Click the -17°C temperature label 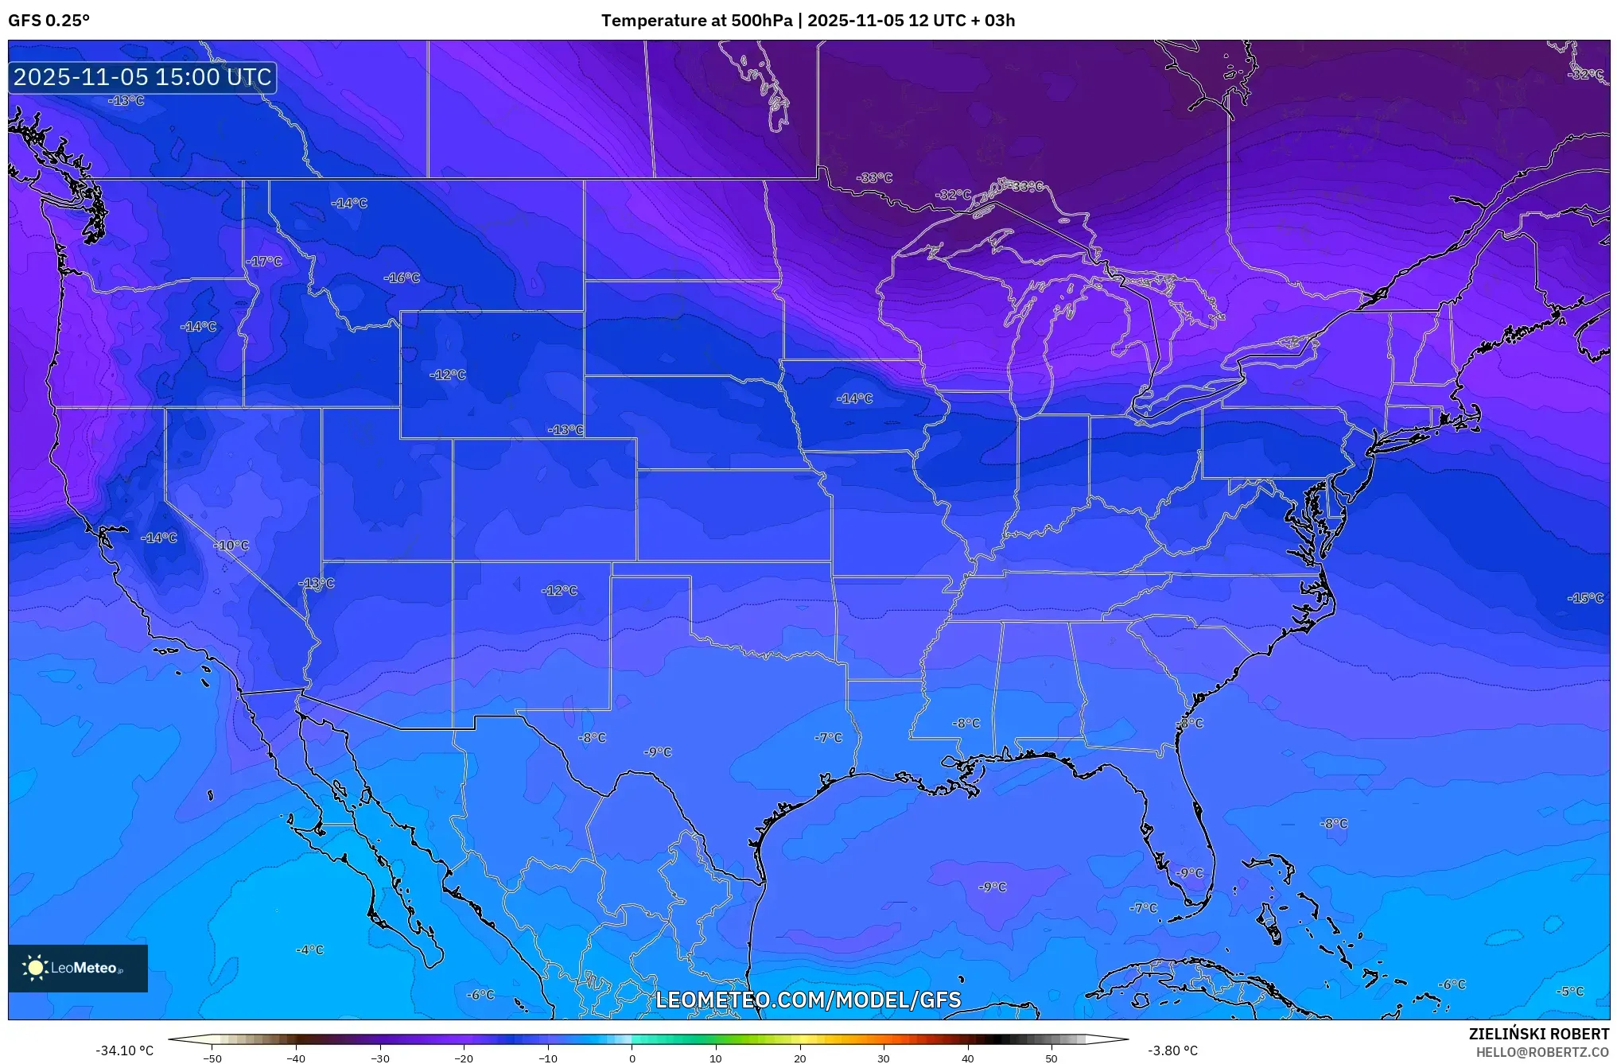click(264, 262)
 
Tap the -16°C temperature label click(402, 278)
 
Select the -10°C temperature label click(231, 546)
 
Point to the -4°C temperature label click(309, 949)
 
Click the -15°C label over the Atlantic click(1585, 598)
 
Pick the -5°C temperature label click(1570, 992)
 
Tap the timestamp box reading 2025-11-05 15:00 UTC click(142, 77)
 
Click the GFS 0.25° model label click(49, 21)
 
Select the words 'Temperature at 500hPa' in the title click(696, 21)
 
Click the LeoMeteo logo click(77, 968)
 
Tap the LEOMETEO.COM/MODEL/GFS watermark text click(807, 1000)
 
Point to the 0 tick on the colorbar click(632, 1058)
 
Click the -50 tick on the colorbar click(212, 1058)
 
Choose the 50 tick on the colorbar click(1051, 1058)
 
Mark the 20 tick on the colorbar click(799, 1058)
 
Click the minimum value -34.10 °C click(124, 1050)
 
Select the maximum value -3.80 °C click(1172, 1050)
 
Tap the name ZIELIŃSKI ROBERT click(1538, 1034)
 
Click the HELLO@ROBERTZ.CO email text click(1542, 1052)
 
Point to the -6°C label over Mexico click(480, 995)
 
